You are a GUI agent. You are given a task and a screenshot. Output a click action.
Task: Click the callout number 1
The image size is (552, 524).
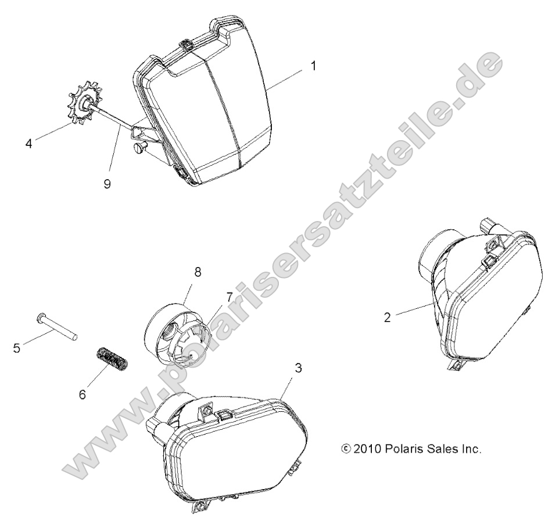313,66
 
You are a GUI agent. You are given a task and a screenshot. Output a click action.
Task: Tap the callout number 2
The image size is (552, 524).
387,318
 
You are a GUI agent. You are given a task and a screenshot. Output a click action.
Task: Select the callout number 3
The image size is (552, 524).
298,368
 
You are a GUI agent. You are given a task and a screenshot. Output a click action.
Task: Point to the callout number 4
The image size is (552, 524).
29,144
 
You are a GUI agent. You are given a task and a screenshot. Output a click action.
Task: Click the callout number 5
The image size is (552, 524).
16,348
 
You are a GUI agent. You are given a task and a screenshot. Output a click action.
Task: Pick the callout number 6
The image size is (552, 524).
82,394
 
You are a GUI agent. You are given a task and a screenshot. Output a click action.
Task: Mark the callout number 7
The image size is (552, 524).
229,297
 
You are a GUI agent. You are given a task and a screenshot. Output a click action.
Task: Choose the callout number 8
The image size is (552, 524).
198,272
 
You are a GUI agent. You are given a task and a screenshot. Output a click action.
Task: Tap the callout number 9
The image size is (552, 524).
107,183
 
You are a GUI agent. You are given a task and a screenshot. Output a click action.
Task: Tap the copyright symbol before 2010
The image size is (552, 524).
346,449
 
